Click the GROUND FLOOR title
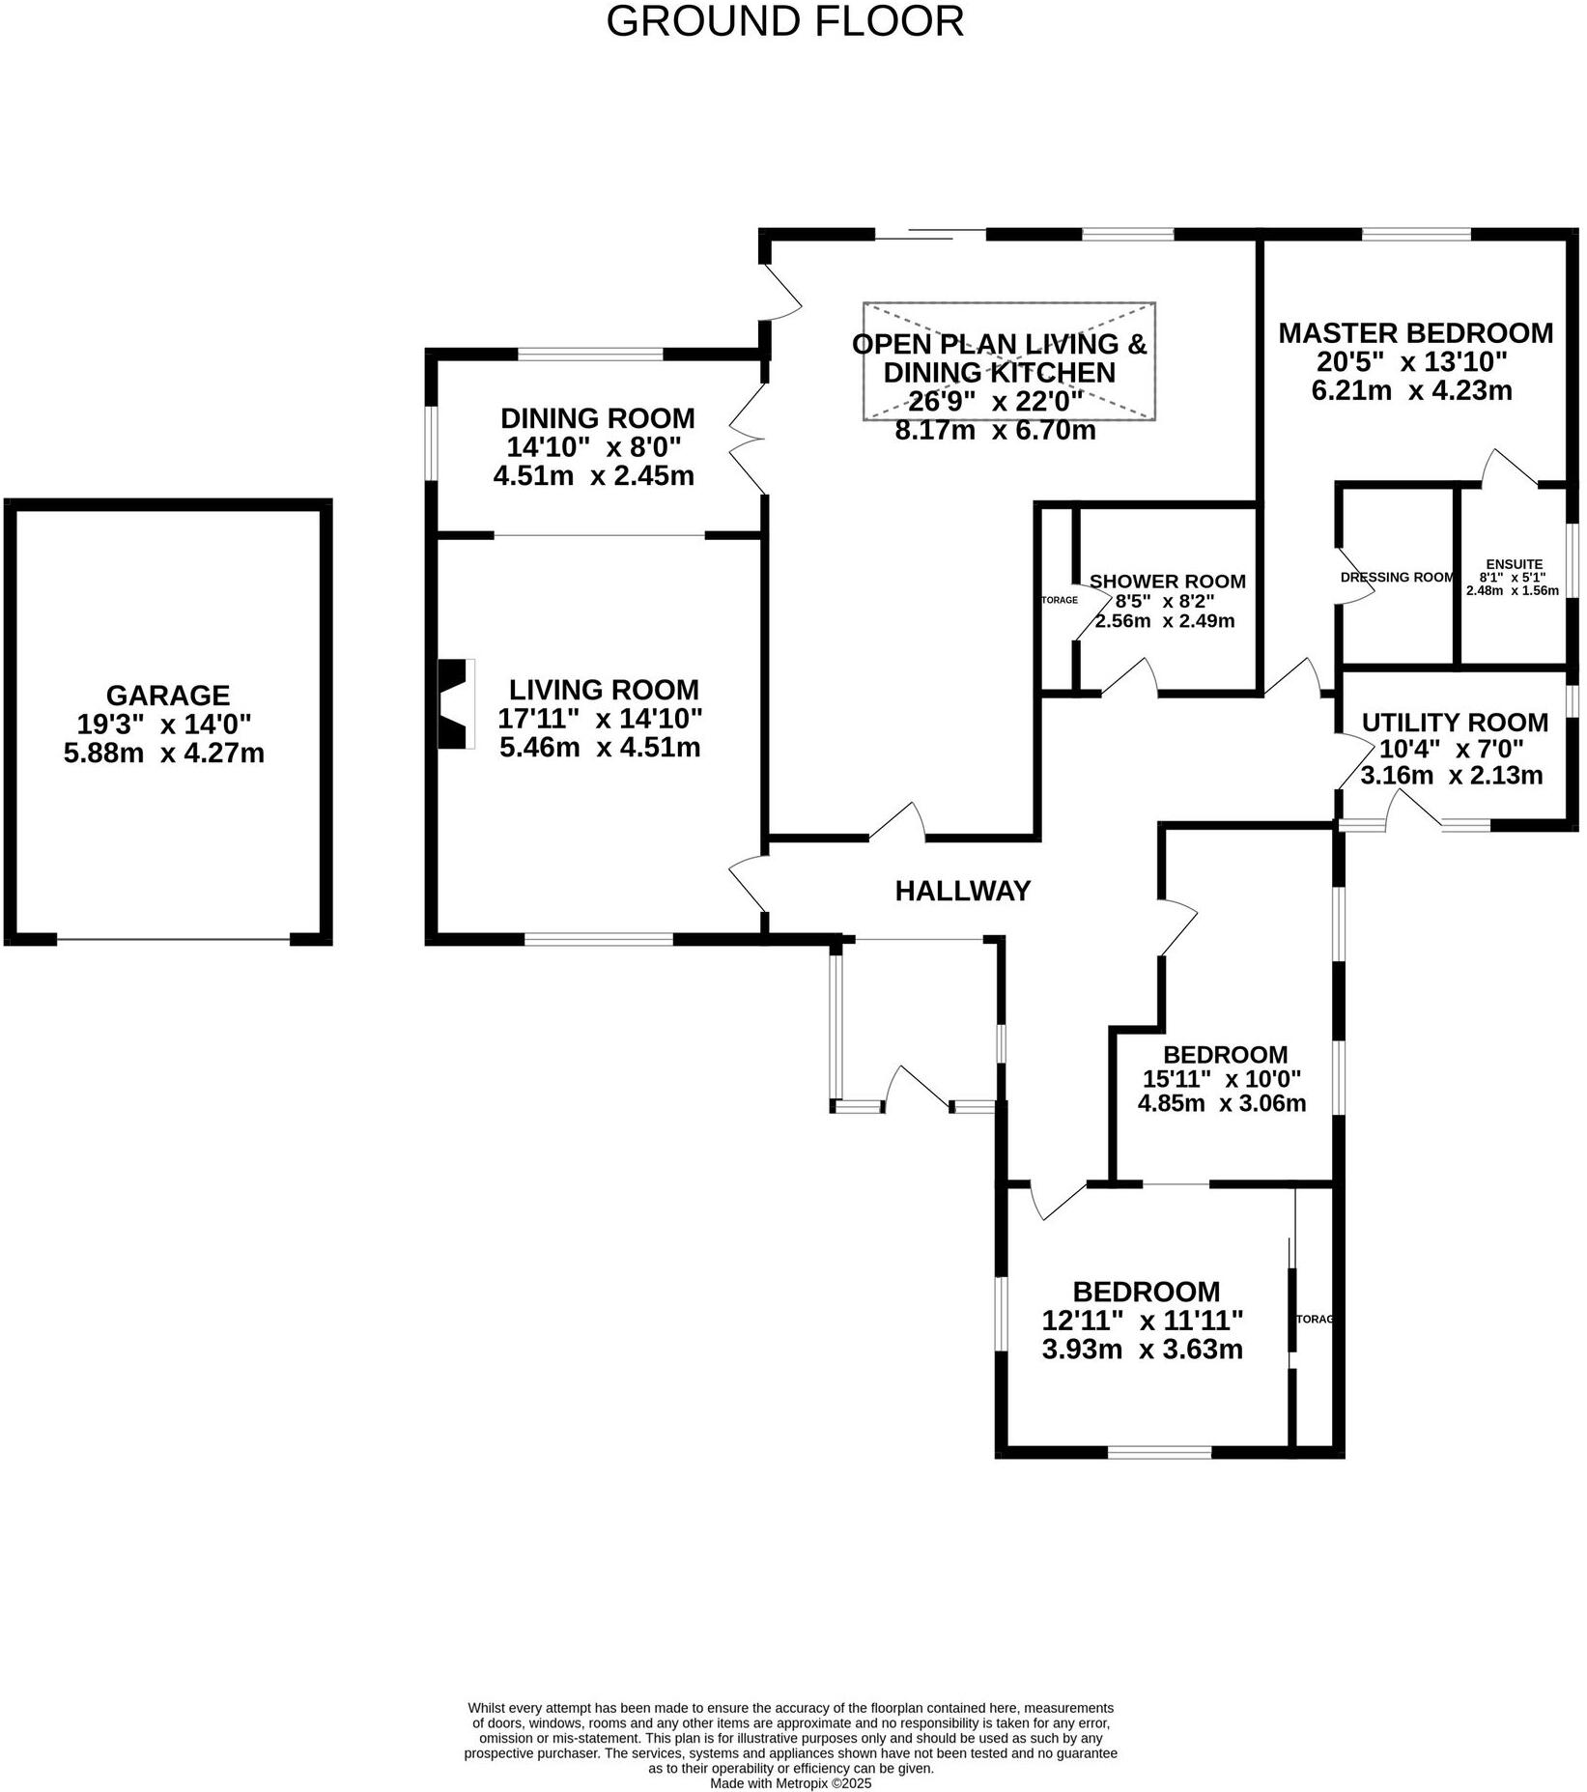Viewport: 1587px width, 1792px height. [x=784, y=21]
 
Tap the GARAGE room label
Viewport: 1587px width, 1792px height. [x=167, y=696]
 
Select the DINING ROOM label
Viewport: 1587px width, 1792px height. [x=597, y=418]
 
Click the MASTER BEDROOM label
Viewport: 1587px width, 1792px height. [x=1415, y=333]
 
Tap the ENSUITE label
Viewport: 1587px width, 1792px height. [x=1514, y=564]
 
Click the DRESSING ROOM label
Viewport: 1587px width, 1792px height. [x=1397, y=578]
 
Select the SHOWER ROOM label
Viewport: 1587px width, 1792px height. [x=1167, y=582]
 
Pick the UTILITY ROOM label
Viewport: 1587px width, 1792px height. [x=1454, y=723]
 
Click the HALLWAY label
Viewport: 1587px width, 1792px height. [x=962, y=891]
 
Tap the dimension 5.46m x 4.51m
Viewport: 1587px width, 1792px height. [x=600, y=747]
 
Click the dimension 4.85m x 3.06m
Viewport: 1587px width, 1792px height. [x=1221, y=1103]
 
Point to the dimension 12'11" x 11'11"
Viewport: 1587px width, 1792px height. [x=1142, y=1320]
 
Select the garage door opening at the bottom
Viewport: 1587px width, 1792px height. [x=173, y=939]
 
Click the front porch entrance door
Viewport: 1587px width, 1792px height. [x=918, y=1088]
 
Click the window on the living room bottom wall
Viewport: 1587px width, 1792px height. [x=598, y=938]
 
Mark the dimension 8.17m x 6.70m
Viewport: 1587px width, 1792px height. [x=995, y=431]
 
